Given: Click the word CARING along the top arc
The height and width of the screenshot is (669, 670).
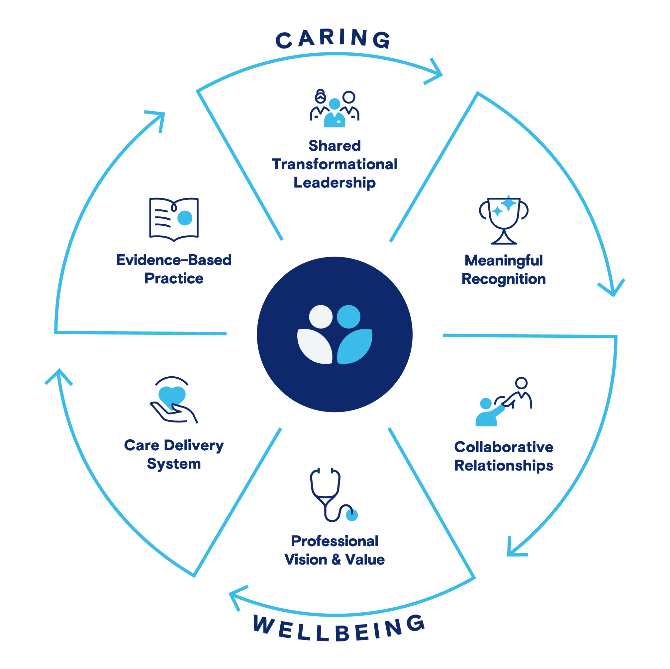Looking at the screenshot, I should pos(333,39).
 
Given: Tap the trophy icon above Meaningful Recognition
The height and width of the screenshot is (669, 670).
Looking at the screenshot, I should pos(504,220).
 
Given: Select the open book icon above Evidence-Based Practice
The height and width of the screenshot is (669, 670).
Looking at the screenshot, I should pos(174,219).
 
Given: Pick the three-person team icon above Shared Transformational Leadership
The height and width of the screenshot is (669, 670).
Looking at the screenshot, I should pos(334,109).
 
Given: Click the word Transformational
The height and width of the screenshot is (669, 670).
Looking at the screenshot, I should pos(334,164).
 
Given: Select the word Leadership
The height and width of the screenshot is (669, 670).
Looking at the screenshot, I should pos(334,183).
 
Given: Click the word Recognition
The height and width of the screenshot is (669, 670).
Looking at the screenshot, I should pos(504,279).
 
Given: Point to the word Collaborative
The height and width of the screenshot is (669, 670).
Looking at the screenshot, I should pos(504,447).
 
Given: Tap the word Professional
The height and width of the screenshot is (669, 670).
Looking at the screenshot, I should pos(334,541).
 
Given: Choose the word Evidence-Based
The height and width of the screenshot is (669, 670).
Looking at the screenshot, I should pos(174,260).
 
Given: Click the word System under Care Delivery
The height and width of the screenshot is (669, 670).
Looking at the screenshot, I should pos(174,464).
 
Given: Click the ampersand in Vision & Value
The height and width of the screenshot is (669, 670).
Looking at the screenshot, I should pos(336,560).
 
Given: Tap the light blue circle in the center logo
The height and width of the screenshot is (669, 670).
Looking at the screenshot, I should pos(348,316).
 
